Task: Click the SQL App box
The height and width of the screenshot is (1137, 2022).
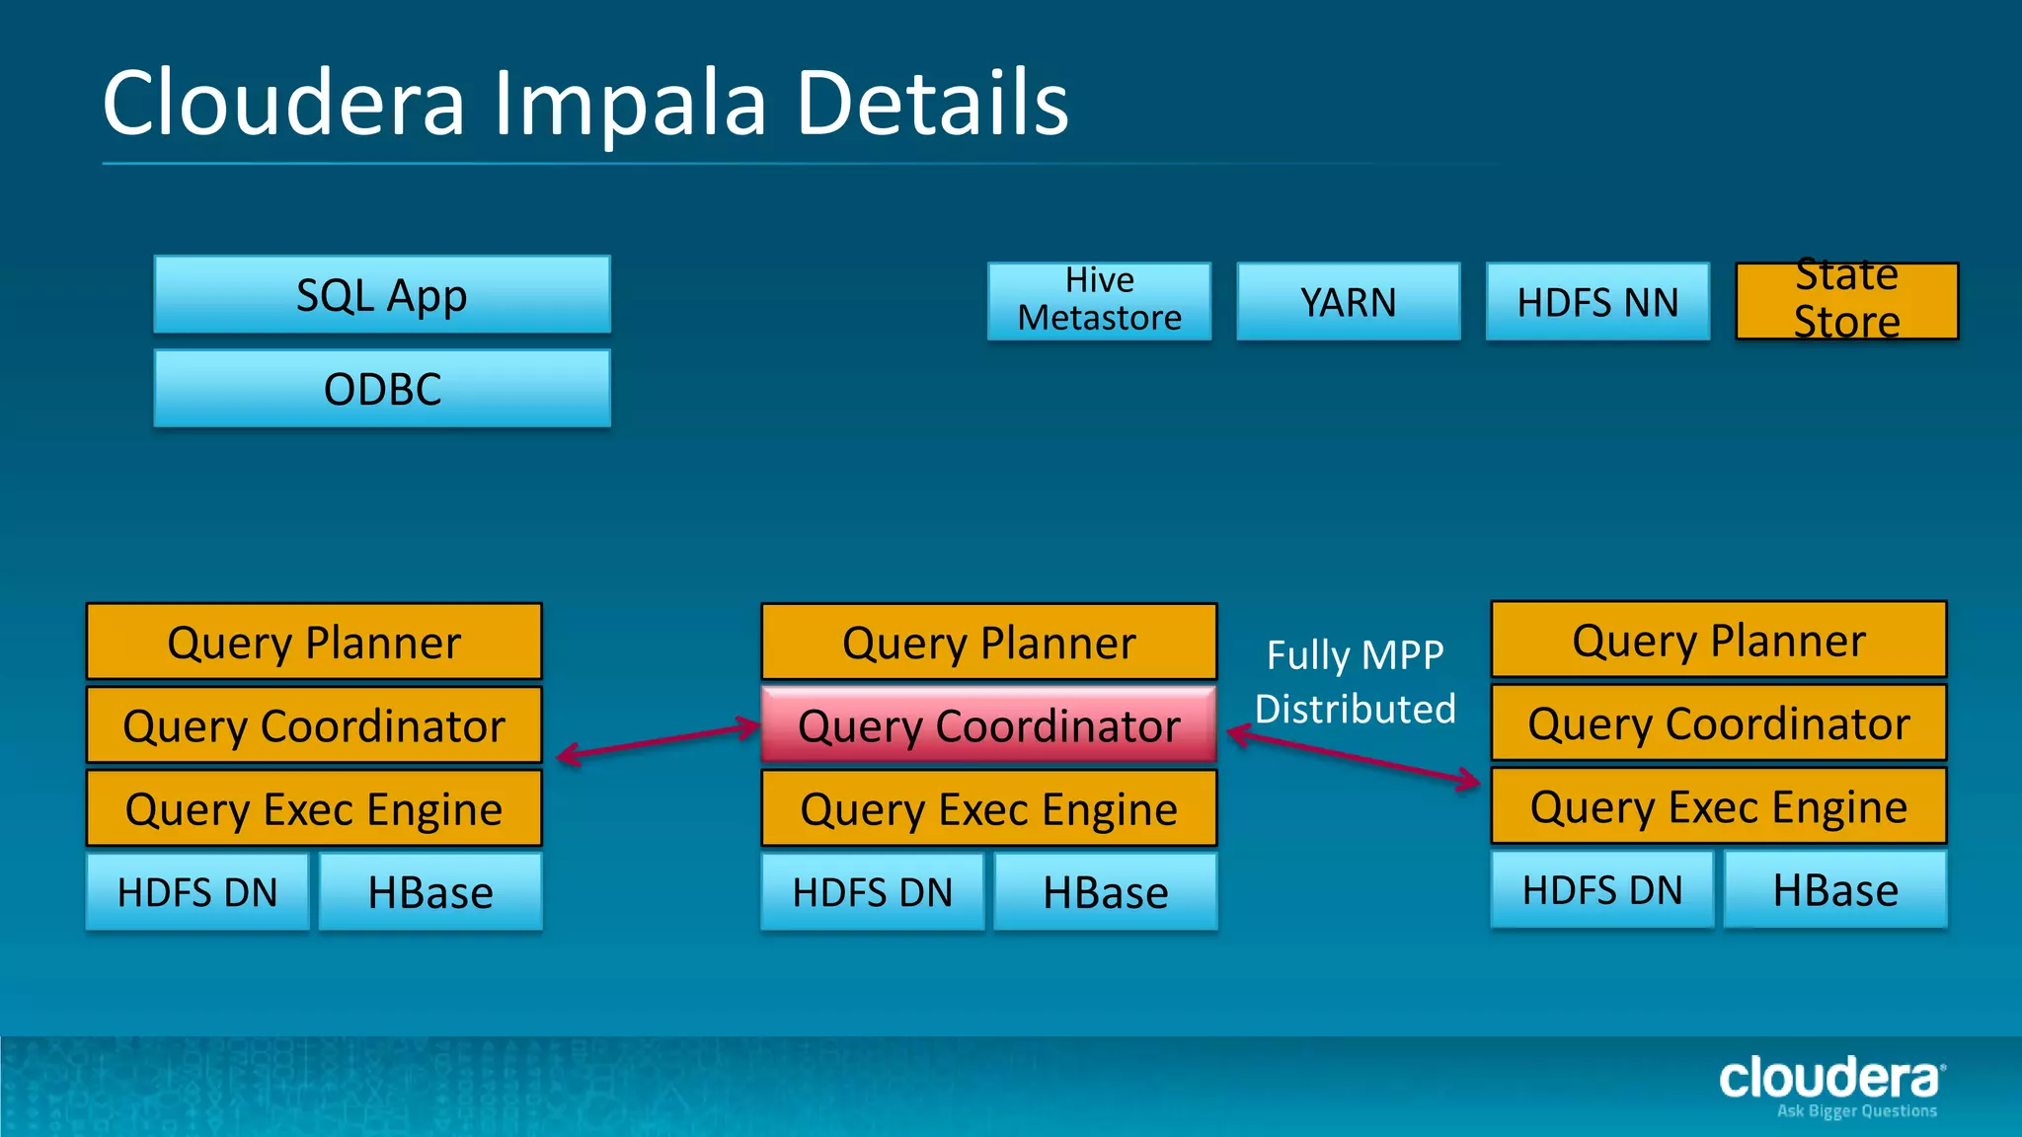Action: coord(382,295)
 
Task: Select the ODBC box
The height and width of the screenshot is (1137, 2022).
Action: coord(382,389)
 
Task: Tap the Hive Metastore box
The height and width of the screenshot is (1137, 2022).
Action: coord(1099,301)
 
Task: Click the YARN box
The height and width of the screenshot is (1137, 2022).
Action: coord(1348,302)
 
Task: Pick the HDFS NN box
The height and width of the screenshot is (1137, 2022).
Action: coord(1597,302)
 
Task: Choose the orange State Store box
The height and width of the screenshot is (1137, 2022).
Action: coord(1846,301)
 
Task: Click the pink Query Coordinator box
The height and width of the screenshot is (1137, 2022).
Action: coord(988,725)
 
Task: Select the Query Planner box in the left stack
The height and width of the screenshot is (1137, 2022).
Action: coord(314,642)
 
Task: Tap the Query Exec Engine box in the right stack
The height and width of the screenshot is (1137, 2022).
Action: coord(1718,807)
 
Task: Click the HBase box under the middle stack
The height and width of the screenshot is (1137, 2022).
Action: coord(1105,892)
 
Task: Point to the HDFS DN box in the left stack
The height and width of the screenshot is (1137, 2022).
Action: coord(197,892)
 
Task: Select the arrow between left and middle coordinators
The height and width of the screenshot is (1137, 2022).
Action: coord(659,742)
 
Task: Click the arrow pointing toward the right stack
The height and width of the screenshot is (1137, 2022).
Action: coord(1353,757)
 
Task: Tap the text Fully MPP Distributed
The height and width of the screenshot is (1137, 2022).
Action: coord(1355,682)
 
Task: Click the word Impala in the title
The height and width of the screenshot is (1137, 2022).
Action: coord(630,104)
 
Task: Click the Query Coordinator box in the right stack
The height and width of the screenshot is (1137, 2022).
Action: coord(1718,723)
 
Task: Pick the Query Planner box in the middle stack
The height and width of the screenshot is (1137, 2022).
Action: coord(988,642)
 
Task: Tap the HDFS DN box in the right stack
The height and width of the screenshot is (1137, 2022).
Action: coord(1601,890)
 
